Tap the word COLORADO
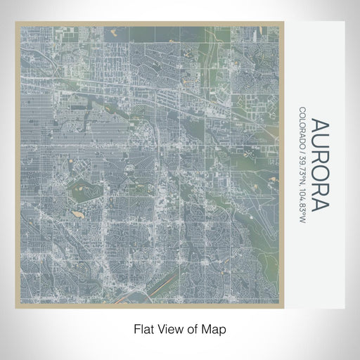302,127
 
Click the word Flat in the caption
143,328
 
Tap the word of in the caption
195,328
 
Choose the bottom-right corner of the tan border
284,307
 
